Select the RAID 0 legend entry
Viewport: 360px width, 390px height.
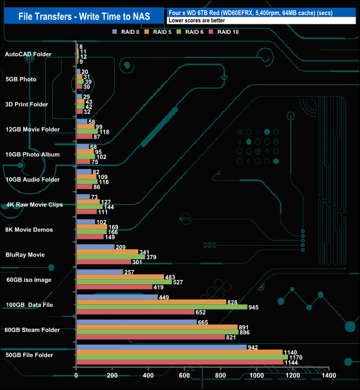click(127, 32)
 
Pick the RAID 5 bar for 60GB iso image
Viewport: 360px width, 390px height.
click(120, 276)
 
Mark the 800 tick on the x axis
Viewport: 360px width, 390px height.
click(220, 376)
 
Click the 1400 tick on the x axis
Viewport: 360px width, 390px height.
click(328, 376)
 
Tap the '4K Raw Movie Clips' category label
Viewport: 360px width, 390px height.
click(34, 204)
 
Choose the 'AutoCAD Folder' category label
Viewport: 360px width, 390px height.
click(28, 54)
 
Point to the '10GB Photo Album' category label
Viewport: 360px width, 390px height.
click(32, 155)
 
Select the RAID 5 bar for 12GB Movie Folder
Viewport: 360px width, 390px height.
click(85, 126)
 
